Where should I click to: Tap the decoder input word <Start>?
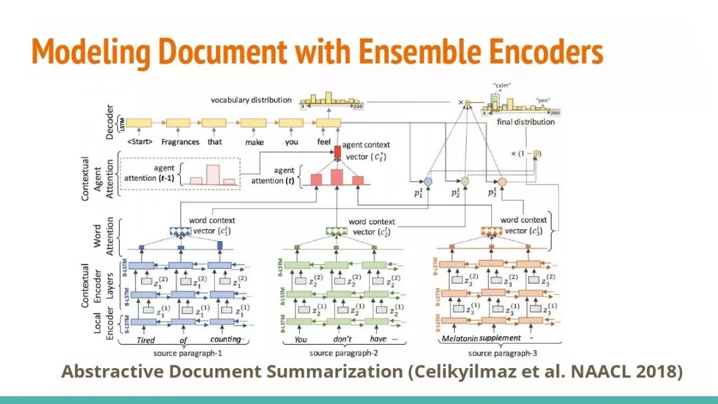click(x=140, y=142)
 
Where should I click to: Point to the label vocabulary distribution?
click(x=251, y=100)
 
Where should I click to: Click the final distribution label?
click(x=526, y=122)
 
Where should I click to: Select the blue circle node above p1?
click(x=428, y=181)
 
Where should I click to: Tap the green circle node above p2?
click(x=465, y=181)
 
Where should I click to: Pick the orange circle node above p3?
click(x=503, y=181)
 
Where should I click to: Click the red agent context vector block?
click(x=337, y=152)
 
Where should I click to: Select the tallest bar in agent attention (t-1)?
click(x=212, y=174)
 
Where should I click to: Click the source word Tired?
click(x=146, y=341)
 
